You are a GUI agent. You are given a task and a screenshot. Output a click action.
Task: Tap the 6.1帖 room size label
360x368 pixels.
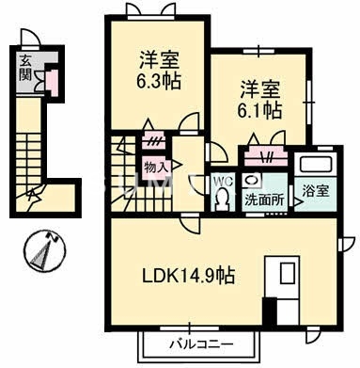(260, 110)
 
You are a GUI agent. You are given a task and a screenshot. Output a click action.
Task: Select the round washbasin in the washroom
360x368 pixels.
(252, 178)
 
